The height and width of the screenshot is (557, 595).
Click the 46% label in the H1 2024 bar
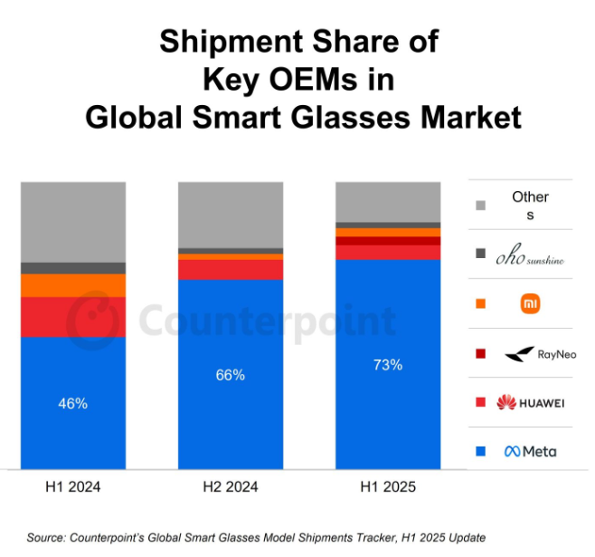(x=73, y=403)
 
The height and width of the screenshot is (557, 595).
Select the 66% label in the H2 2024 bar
(x=231, y=375)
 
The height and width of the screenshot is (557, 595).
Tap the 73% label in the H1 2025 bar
(x=388, y=365)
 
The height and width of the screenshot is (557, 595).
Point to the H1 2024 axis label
(x=73, y=487)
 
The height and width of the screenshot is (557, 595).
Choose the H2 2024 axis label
(x=231, y=487)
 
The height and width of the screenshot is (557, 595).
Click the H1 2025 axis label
(x=388, y=487)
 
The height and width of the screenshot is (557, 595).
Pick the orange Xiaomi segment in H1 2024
(x=73, y=285)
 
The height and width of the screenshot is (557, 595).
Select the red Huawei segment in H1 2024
(x=73, y=317)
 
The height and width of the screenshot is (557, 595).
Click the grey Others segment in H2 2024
(x=231, y=214)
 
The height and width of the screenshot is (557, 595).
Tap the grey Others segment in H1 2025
(x=388, y=201)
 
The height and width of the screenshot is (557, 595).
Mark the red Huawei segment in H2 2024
(x=231, y=269)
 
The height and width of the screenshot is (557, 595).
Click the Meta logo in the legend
(x=530, y=451)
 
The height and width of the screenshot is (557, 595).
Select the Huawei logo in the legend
(x=530, y=402)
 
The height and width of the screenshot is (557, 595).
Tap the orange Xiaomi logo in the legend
(x=530, y=303)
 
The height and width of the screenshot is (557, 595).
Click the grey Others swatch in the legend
(x=480, y=206)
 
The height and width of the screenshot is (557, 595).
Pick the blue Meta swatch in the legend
(x=480, y=451)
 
